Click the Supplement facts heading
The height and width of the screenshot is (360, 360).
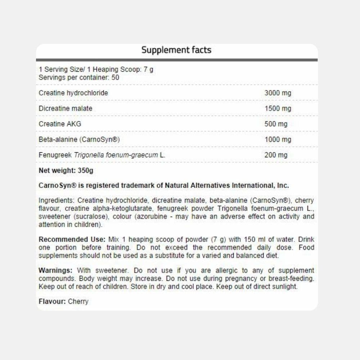(176, 50)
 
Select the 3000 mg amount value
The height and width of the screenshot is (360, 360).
(278, 93)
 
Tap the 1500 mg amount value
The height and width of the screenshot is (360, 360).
(278, 108)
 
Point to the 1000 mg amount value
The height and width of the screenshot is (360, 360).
(278, 139)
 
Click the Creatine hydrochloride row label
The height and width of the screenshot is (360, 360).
(73, 93)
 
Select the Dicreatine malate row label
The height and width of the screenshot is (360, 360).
(65, 108)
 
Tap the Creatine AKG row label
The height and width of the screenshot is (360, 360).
(60, 124)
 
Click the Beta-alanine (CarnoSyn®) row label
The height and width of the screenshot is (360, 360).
(79, 139)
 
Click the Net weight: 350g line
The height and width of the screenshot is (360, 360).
(66, 171)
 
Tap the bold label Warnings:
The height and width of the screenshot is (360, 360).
(55, 270)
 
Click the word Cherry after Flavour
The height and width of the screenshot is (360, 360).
(78, 301)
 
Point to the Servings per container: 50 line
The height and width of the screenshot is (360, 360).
(79, 77)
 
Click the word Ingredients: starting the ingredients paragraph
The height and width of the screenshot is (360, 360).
(57, 201)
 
